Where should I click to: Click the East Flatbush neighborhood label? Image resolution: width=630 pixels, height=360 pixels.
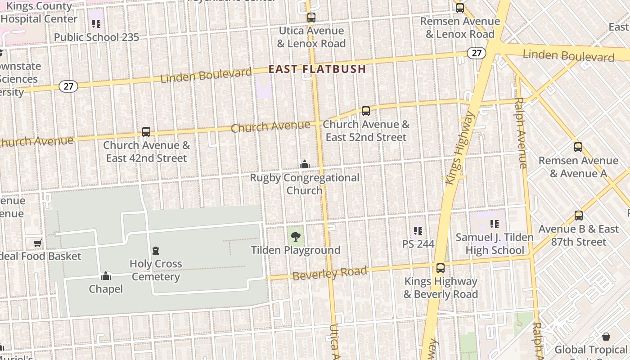pyautogui.click(x=317, y=69)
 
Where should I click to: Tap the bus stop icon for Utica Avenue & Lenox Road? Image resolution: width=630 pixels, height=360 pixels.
pyautogui.click(x=311, y=18)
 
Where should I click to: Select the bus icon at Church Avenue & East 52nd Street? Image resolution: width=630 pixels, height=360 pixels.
pyautogui.click(x=366, y=111)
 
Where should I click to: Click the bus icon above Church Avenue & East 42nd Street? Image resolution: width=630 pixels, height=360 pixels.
pyautogui.click(x=146, y=132)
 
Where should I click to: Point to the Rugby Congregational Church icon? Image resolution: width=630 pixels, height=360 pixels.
pyautogui.click(x=305, y=164)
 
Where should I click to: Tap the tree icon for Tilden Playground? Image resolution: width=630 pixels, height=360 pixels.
pyautogui.click(x=296, y=237)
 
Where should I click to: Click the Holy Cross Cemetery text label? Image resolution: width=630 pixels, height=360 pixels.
pyautogui.click(x=156, y=270)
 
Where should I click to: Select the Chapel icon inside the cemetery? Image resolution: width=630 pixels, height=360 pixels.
pyautogui.click(x=106, y=275)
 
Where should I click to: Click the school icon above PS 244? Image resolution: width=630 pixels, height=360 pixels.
pyautogui.click(x=418, y=231)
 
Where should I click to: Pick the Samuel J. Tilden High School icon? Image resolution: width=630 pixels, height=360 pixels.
pyautogui.click(x=495, y=224)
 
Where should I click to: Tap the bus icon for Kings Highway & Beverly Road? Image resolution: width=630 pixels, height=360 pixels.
pyautogui.click(x=441, y=268)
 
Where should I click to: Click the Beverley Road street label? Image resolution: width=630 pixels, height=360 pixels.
pyautogui.click(x=329, y=273)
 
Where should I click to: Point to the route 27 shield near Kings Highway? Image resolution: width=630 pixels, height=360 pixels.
pyautogui.click(x=477, y=53)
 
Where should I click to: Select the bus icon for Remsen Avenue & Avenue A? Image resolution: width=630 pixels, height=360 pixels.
pyautogui.click(x=578, y=147)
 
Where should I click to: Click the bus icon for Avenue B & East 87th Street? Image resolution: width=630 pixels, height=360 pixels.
pyautogui.click(x=579, y=216)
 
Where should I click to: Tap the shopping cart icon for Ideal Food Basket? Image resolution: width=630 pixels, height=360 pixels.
pyautogui.click(x=38, y=243)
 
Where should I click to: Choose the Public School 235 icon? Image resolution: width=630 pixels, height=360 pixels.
pyautogui.click(x=96, y=23)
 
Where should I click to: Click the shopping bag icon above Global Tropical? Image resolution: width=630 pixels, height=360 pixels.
pyautogui.click(x=606, y=337)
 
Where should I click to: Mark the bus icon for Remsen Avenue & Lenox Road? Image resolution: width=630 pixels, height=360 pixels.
pyautogui.click(x=459, y=8)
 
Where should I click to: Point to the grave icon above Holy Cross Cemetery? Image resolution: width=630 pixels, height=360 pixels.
pyautogui.click(x=156, y=250)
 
